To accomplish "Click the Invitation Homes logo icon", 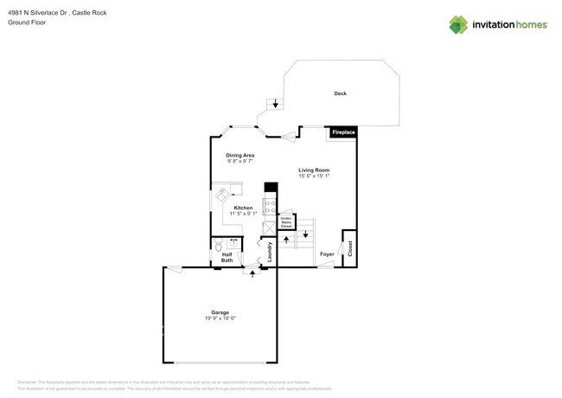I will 458,24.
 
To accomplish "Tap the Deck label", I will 340,93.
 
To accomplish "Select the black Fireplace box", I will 343,132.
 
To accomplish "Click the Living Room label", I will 314,170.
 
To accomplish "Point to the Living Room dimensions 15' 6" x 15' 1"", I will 314,176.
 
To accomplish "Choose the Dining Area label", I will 240,156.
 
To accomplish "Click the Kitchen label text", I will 244,208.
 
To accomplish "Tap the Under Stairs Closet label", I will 286,222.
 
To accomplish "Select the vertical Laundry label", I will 270,252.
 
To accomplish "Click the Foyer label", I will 327,254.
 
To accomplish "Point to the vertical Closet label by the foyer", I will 350,248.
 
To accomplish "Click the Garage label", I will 220,312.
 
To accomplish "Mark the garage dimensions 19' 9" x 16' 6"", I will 220,318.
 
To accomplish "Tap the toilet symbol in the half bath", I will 219,246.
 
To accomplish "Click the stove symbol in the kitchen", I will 270,207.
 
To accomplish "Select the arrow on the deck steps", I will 276,104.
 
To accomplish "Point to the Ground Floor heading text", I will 27,22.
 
